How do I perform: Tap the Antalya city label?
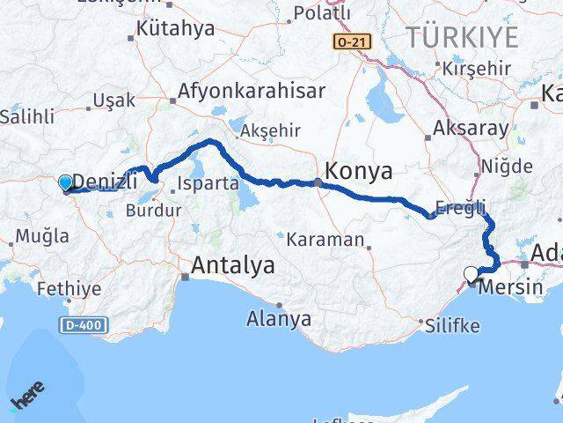coord(232,265)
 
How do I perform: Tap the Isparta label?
coord(208,184)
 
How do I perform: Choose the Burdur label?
coord(154,211)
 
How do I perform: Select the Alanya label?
coord(279,318)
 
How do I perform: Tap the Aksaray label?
coord(471,129)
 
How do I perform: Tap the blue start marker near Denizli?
coord(66,183)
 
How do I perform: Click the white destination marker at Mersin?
coord(474,273)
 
